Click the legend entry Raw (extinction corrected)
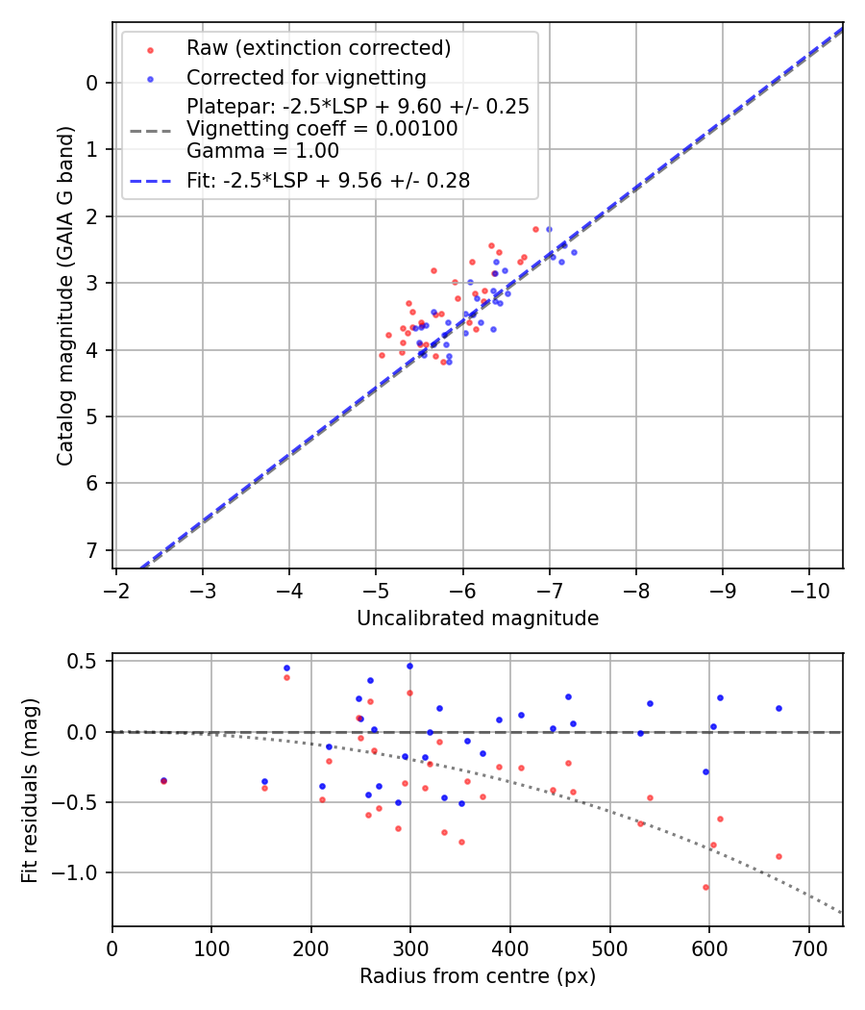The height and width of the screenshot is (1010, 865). pos(318,48)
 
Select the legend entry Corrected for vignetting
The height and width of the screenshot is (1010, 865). pos(306,77)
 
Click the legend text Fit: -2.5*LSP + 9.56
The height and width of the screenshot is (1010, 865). pos(328,180)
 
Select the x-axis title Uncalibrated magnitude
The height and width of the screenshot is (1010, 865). pos(478,619)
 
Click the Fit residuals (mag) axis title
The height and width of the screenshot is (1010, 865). pos(30,789)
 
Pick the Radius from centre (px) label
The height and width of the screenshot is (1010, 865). pos(478,976)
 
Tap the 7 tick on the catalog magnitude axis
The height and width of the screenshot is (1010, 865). pos(92,550)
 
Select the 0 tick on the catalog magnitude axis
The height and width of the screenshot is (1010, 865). pos(92,83)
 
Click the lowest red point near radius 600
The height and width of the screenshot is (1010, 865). pos(705,887)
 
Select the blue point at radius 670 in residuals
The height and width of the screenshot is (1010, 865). pos(778,708)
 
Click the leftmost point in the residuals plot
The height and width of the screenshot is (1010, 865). pos(163,780)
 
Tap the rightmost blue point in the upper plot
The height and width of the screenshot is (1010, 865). pos(574,252)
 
